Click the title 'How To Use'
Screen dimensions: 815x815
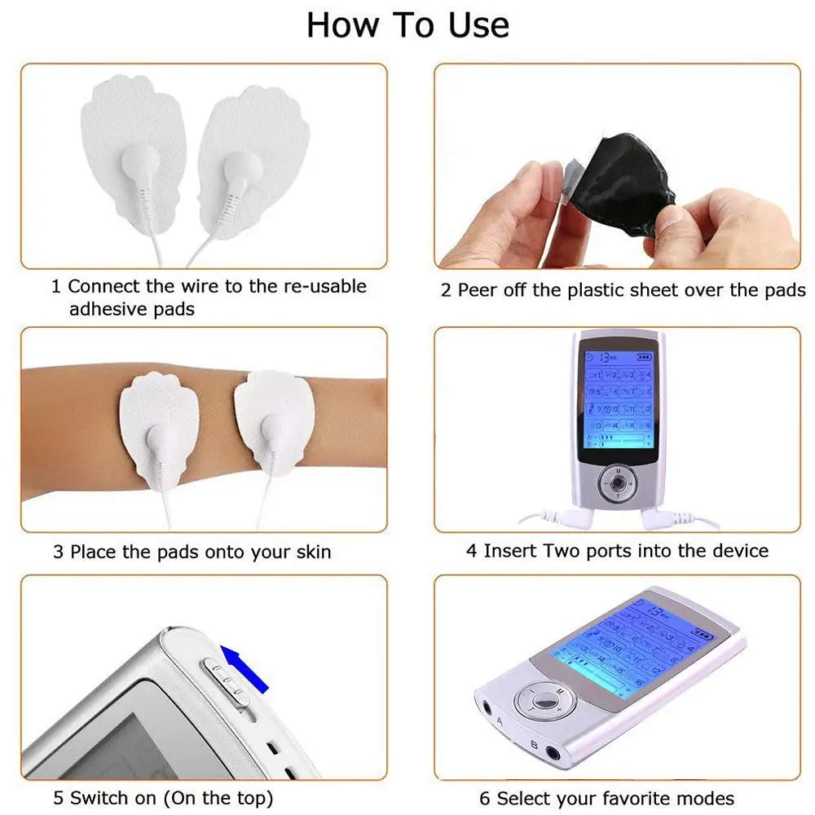click(x=407, y=25)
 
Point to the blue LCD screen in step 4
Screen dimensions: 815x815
click(x=618, y=399)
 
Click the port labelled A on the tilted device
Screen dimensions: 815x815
click(x=491, y=708)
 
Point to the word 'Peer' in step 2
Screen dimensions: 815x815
click(x=478, y=290)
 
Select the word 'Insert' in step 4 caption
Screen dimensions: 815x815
click(x=510, y=551)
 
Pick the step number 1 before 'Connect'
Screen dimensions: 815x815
click(x=56, y=287)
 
